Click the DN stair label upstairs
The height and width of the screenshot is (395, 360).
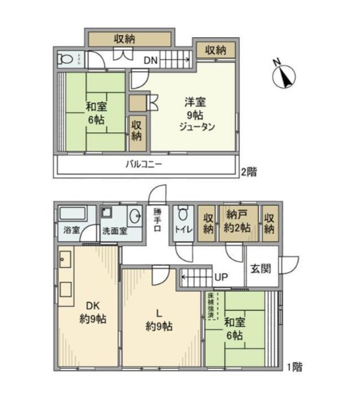coord(151,61)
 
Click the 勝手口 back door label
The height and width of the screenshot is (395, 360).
coord(157,220)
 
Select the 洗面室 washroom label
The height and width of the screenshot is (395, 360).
coord(114,231)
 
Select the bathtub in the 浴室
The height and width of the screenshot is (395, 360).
coord(71,214)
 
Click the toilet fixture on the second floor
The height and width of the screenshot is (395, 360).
coord(66,60)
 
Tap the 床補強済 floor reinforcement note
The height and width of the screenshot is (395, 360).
coord(211,306)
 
